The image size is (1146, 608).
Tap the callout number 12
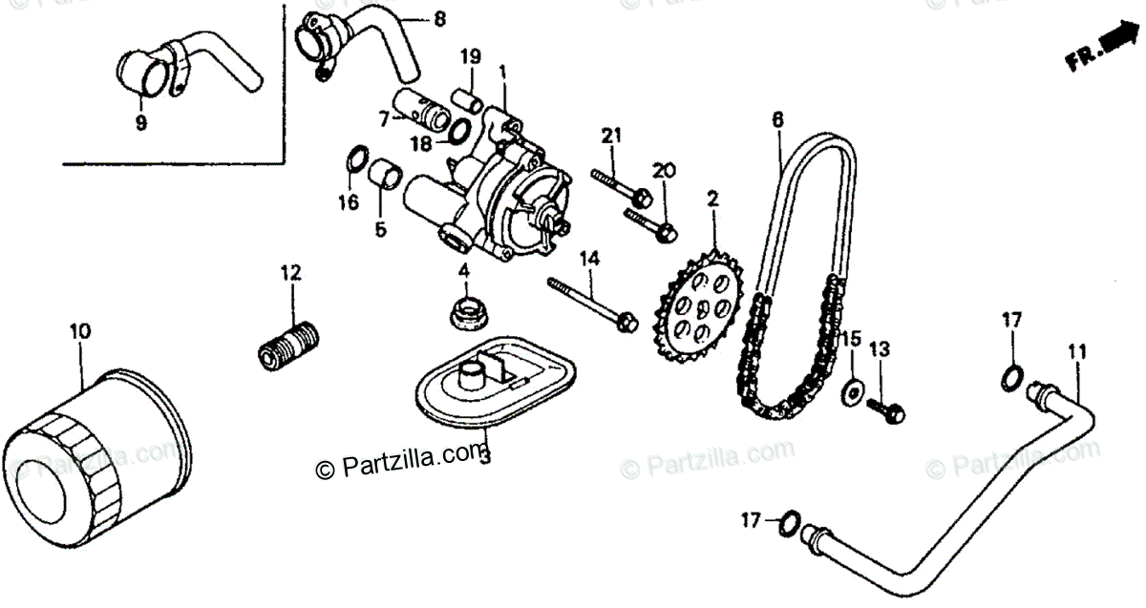click(x=290, y=273)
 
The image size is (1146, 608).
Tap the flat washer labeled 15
click(x=849, y=390)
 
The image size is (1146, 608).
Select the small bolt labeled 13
click(x=885, y=409)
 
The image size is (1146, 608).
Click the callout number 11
click(x=1076, y=351)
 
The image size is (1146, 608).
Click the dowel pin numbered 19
click(x=468, y=98)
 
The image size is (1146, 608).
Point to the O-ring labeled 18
click(x=458, y=131)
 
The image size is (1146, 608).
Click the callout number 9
click(x=141, y=123)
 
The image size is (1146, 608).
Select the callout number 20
click(x=663, y=171)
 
